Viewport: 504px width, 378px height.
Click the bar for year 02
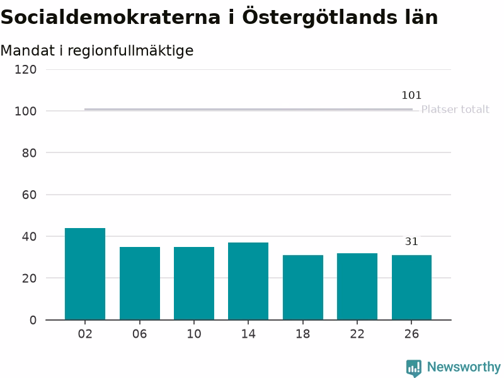[x=85, y=274]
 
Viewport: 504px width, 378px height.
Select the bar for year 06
[x=140, y=283]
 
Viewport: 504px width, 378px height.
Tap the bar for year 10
[x=194, y=283]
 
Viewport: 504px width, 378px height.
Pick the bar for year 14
[x=248, y=281]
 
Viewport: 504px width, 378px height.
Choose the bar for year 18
[x=303, y=288]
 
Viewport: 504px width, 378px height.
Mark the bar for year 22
[x=357, y=287]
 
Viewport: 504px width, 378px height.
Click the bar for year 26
[x=412, y=288]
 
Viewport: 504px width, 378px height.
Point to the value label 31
[x=411, y=241]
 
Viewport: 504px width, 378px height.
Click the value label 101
[x=411, y=96]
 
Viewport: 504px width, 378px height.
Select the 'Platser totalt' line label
[x=455, y=110]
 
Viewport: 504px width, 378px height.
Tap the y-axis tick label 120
[x=25, y=70]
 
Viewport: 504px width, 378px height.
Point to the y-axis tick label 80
[x=29, y=153]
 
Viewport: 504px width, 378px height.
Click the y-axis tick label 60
[x=29, y=195]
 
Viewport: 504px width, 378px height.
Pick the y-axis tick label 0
[x=33, y=320]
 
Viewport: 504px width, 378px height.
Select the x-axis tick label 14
[x=248, y=334]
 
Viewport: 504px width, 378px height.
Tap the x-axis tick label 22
[x=357, y=334]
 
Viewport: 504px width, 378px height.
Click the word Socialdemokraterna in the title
[x=111, y=17]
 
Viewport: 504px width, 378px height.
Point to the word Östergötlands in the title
[x=320, y=18]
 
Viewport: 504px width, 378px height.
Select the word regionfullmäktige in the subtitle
[x=130, y=51]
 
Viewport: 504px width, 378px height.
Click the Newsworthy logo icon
[x=414, y=368]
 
